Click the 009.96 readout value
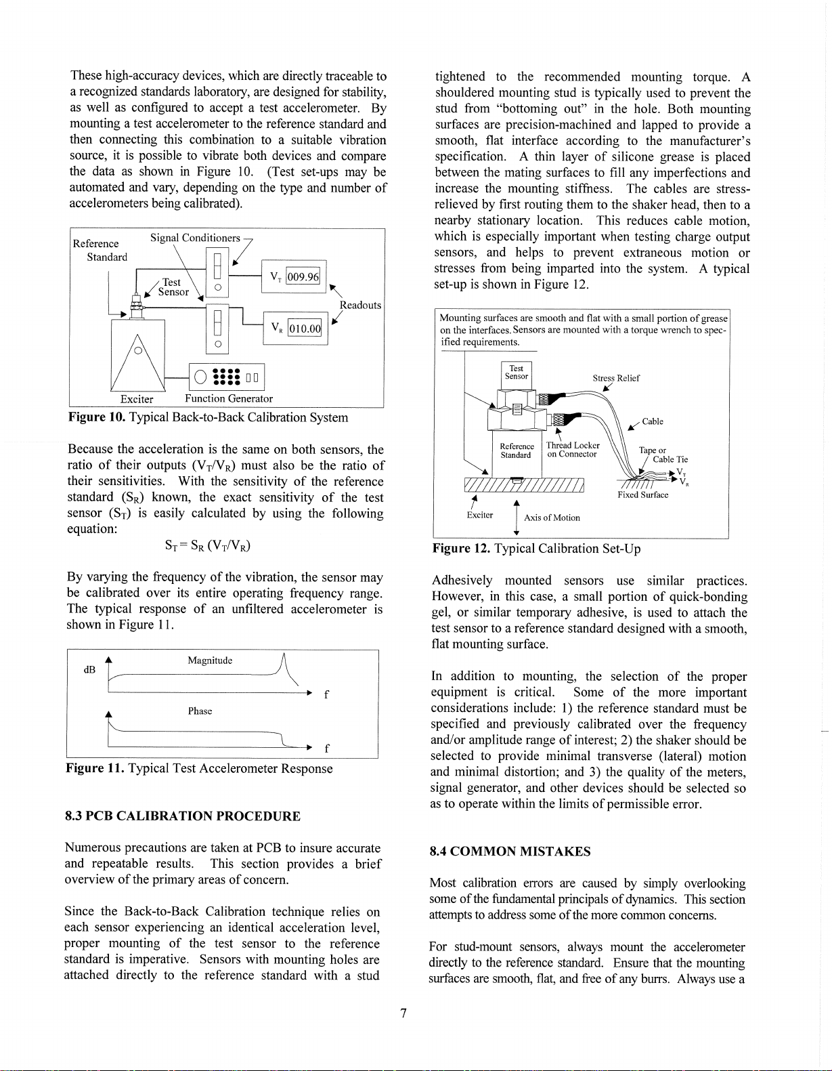303,276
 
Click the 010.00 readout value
305,329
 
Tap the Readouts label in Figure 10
360,305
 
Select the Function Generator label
229,398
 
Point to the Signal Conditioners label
195,238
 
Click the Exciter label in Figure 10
137,399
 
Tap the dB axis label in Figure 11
89,669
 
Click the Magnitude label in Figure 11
210,660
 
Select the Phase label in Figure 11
200,711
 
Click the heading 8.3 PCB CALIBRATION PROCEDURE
183,816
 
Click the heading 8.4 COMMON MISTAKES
510,852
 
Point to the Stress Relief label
616,378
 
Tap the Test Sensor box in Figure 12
517,373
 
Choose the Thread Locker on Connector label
573,450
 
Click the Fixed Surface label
642,495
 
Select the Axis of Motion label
552,518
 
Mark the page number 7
403,1013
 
